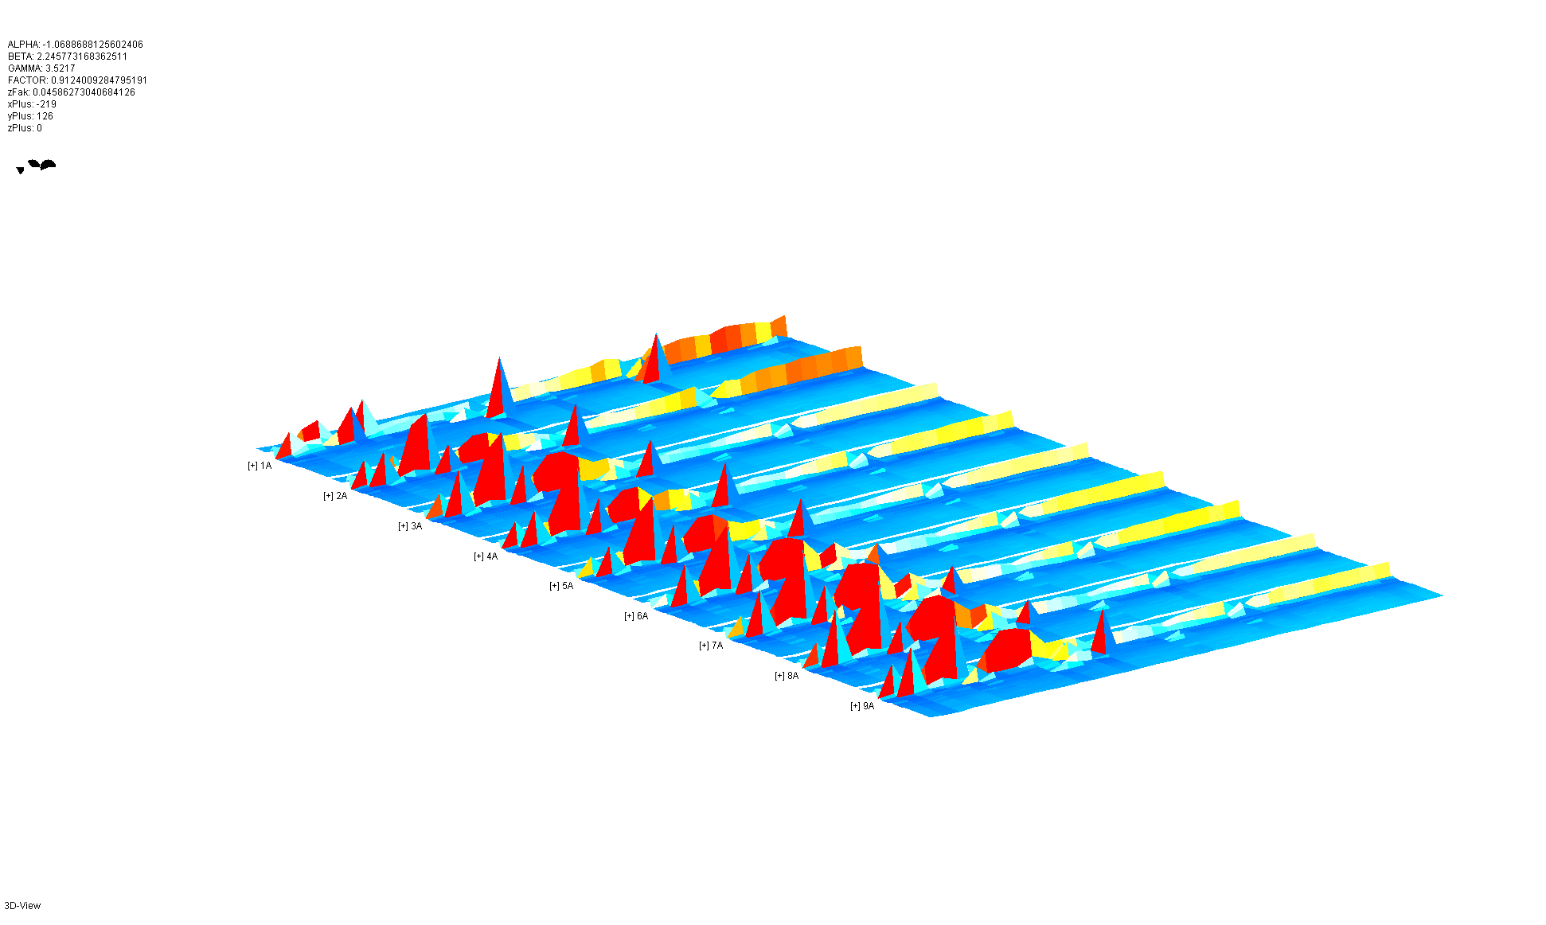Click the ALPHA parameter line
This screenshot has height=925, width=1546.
click(76, 45)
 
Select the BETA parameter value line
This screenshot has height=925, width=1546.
click(68, 57)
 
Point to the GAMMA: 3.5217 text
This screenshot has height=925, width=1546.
click(41, 68)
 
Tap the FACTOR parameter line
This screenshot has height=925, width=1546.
click(77, 80)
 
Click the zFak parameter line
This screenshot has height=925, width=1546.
click(72, 92)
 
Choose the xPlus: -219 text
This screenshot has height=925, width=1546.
click(32, 104)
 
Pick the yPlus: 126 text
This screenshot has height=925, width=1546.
click(30, 116)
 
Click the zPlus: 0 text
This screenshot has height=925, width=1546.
click(25, 128)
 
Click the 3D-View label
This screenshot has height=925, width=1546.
click(22, 906)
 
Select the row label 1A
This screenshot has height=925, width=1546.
click(266, 466)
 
